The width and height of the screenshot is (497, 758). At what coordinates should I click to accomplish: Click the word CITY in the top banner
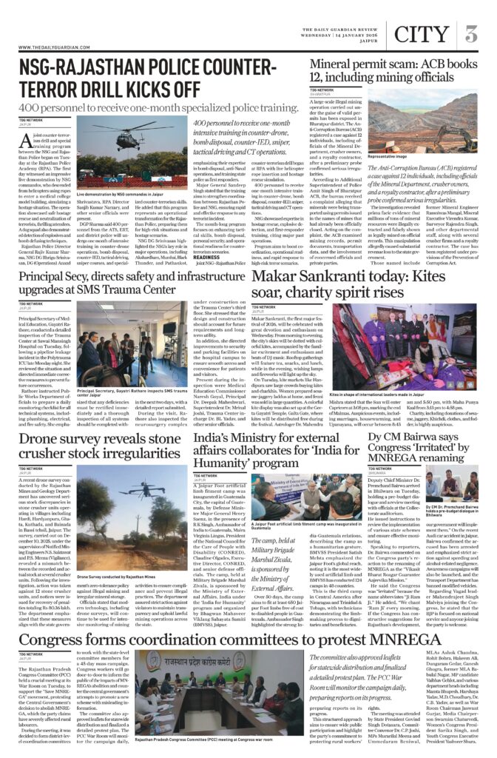(x=421, y=34)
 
